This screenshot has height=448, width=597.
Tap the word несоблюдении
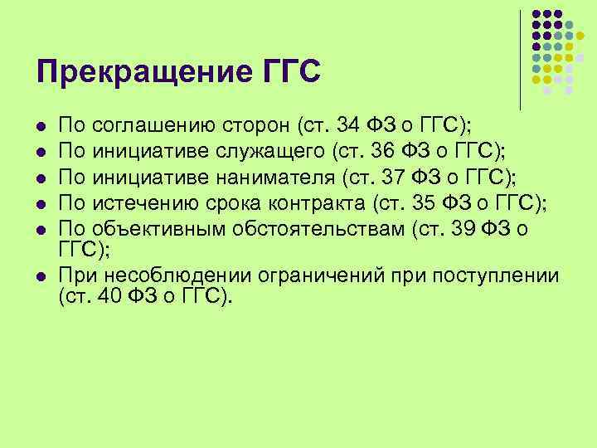(166, 275)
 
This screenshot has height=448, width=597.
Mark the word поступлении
(497, 275)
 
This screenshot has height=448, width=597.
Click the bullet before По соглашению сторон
(41, 128)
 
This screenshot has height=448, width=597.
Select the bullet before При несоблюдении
(41, 276)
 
